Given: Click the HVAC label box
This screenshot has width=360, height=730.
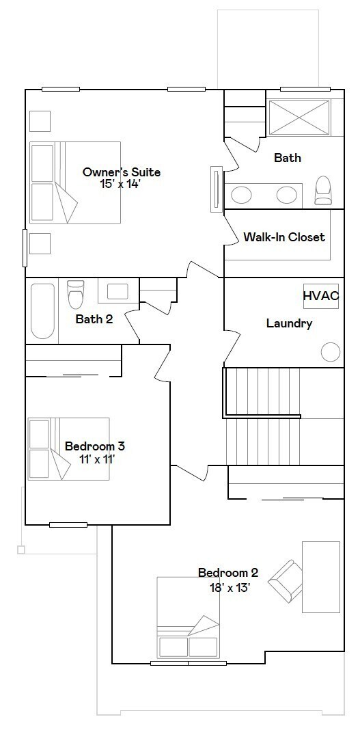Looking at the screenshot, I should tap(320, 297).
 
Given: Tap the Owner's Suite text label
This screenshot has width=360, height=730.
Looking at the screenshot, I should tap(121, 172).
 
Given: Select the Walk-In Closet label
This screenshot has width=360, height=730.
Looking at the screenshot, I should tap(284, 237).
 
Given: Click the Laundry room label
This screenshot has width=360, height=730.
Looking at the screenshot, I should tap(289, 323).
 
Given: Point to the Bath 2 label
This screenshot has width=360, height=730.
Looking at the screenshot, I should tap(94, 319).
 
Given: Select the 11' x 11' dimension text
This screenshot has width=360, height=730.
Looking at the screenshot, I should tap(94, 459).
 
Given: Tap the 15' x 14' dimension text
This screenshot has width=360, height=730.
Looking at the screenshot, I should tap(120, 184).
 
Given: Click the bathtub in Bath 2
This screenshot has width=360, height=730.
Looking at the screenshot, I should tap(42, 310).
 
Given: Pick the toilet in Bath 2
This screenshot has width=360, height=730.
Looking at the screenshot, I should tap(75, 295).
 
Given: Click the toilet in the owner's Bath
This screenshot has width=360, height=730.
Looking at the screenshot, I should tap(322, 190).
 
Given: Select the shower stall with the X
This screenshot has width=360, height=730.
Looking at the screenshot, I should tap(299, 117).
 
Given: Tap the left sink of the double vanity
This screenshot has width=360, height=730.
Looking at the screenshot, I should tap(241, 195).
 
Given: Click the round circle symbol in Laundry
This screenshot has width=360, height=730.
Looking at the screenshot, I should tap(331, 352).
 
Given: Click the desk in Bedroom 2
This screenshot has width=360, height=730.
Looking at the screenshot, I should tap(320, 576).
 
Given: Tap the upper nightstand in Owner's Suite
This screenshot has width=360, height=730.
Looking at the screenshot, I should tap(40, 121).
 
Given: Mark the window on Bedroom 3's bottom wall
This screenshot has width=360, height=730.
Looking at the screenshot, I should tap(68, 525).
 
